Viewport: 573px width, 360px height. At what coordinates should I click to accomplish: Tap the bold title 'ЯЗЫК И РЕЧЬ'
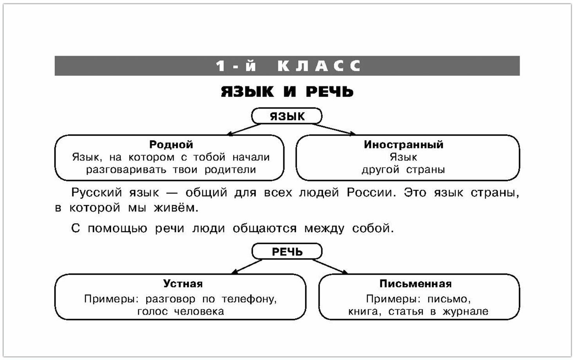click(x=287, y=92)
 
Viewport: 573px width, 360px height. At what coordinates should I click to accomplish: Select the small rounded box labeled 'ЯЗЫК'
click(x=287, y=116)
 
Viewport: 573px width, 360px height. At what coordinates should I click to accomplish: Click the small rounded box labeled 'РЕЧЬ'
click(x=287, y=252)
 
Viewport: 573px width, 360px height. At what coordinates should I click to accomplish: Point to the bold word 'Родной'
click(x=171, y=144)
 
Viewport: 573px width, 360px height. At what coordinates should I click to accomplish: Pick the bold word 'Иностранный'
click(x=404, y=144)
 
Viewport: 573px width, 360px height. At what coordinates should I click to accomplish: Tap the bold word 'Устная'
click(x=183, y=283)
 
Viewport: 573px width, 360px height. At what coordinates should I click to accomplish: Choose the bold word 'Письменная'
click(x=415, y=283)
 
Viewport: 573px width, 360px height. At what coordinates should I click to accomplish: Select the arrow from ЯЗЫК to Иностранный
click(x=333, y=130)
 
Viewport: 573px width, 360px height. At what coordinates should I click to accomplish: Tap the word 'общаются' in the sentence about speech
click(x=265, y=228)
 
